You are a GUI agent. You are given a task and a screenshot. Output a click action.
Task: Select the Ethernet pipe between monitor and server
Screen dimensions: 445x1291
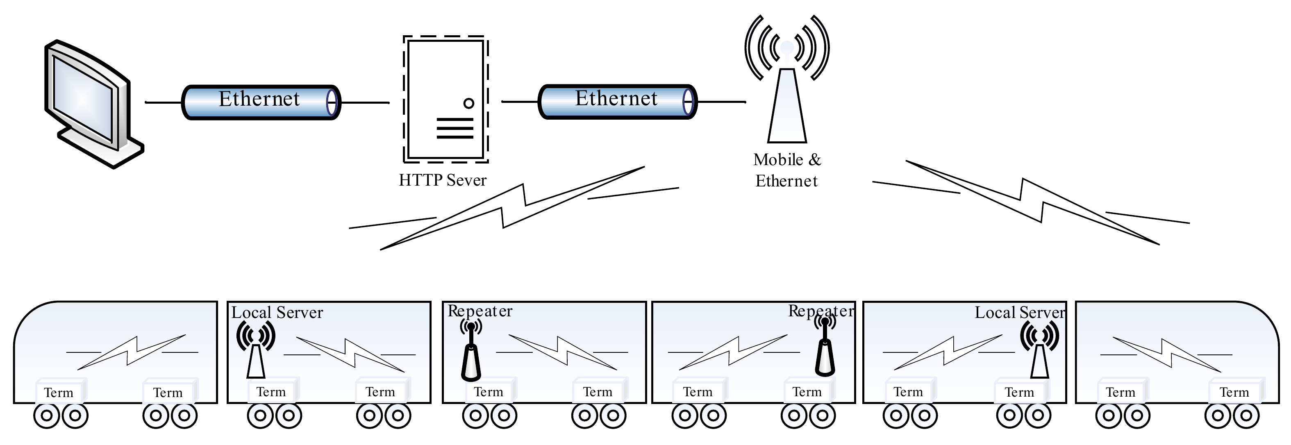261,102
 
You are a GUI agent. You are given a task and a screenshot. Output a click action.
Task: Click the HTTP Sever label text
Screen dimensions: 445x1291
442,180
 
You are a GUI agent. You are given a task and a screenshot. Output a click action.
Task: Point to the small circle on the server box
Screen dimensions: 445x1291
468,103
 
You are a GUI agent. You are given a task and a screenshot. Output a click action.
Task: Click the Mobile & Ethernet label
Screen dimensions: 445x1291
787,170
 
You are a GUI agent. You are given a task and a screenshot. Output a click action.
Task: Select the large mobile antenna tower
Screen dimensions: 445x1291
787,100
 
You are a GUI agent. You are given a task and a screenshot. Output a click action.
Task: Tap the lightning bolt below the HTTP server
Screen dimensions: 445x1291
514,208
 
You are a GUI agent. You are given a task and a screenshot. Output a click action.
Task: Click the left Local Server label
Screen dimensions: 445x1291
277,313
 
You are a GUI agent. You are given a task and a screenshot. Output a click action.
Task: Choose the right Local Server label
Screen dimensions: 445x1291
1019,313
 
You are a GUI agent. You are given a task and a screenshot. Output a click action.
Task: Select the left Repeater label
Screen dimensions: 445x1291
480,311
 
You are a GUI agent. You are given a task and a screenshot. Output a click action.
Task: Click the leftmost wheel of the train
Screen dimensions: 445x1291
47,415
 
